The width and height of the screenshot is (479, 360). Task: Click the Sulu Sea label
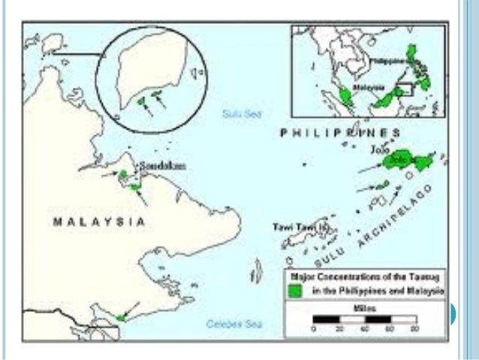234,113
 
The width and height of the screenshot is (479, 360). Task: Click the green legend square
297,290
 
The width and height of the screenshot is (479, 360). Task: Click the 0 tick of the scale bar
314,329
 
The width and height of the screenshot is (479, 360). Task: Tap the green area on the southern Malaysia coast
122,316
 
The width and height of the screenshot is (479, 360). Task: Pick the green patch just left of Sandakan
123,174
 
